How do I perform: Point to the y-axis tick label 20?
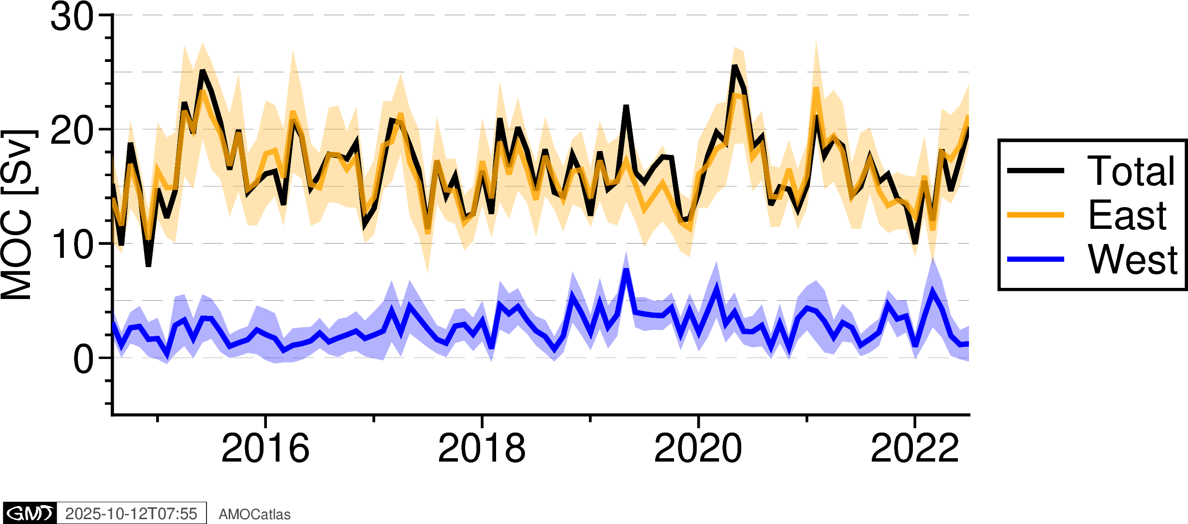pos(72,131)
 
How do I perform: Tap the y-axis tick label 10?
pos(72,245)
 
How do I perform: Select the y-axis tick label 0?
pos(83,360)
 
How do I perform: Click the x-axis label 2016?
pos(265,448)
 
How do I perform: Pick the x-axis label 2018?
pos(482,448)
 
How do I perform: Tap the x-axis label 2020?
pos(698,448)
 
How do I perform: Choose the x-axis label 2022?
pos(914,448)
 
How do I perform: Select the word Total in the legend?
pos(1130,171)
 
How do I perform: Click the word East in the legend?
pos(1127,215)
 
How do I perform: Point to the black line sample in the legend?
pos(1035,170)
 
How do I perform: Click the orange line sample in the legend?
pos(1035,215)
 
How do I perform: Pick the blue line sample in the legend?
pos(1035,259)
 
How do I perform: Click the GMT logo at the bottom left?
pos(30,513)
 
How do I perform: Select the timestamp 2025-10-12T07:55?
pos(131,513)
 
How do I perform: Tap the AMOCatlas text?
pos(254,514)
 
